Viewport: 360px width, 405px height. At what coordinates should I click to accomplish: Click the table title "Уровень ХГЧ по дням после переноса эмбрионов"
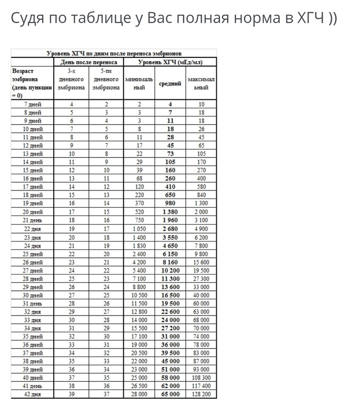114,53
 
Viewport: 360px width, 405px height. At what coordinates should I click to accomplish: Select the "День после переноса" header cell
88,62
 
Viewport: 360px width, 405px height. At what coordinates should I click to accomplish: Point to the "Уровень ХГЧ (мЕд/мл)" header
170,62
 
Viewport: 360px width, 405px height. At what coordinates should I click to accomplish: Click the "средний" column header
170,83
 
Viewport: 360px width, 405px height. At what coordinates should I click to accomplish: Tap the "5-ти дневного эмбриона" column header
106,79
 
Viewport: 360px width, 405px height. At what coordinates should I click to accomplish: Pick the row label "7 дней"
33,104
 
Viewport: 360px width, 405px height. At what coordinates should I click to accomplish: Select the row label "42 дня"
33,394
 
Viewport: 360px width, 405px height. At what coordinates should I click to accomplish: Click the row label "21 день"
33,220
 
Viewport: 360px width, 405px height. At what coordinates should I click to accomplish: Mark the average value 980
170,204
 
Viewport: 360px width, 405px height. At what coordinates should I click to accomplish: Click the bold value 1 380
170,212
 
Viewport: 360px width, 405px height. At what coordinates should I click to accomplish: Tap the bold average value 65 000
170,394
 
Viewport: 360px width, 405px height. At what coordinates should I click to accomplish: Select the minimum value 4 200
139,262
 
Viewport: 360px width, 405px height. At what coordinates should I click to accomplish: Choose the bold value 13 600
170,287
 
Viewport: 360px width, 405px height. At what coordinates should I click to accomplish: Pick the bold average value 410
170,187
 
